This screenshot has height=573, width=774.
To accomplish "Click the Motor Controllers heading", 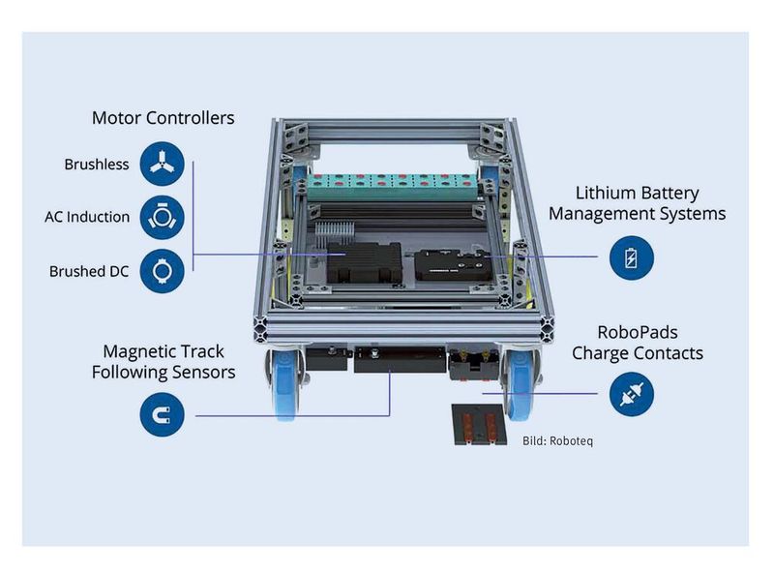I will click(x=163, y=118).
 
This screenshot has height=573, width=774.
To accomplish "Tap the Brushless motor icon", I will click(x=162, y=164).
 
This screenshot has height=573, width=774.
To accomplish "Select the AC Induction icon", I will click(x=162, y=217).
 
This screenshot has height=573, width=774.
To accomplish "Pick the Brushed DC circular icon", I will click(x=162, y=271).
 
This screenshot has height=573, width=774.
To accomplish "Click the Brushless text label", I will click(x=97, y=165).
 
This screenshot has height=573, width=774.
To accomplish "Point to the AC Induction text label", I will click(x=87, y=217).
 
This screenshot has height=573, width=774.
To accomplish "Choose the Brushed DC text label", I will click(x=89, y=272).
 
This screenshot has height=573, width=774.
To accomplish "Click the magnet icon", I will click(x=162, y=414).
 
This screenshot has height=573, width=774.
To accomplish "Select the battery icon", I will click(x=632, y=258).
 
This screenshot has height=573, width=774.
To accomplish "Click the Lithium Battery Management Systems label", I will click(x=637, y=203).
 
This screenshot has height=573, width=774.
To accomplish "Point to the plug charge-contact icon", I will click(x=632, y=394).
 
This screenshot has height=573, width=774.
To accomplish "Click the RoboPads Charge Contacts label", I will click(x=637, y=343).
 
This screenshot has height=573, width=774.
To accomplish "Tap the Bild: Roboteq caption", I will click(x=557, y=441).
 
